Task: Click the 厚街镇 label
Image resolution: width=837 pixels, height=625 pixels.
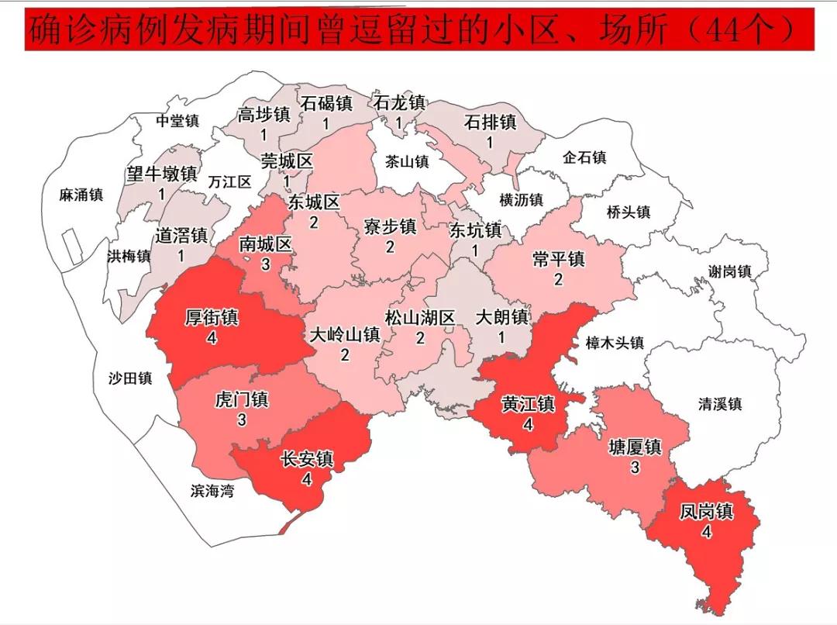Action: coord(212,319)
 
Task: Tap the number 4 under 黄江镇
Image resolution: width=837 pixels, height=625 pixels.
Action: coord(528,424)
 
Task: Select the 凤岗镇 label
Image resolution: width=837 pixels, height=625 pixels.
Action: coord(706,513)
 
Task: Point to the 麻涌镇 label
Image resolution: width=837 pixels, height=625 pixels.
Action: coord(81,195)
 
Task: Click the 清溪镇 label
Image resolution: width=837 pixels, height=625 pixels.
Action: coord(719,404)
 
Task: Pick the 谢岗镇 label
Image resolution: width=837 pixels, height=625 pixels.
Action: coord(729,271)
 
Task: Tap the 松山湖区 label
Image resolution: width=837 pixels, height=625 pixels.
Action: coord(419,318)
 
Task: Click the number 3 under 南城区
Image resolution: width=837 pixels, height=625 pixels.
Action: coord(265,264)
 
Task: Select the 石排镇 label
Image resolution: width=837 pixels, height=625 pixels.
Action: coord(490,123)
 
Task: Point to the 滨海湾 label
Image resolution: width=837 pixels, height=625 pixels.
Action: coord(212,491)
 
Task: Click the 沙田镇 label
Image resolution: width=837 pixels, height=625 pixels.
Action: coord(130,378)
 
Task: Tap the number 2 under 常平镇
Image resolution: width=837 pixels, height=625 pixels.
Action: coord(558,279)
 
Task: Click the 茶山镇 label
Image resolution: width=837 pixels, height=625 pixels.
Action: coord(407,161)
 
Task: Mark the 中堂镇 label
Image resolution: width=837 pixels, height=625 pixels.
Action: coord(177,121)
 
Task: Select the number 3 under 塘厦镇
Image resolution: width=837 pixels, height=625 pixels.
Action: coord(635,468)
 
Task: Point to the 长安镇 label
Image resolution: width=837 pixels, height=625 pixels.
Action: coord(306,459)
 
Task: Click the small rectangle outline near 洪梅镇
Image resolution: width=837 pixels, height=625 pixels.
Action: coord(72,246)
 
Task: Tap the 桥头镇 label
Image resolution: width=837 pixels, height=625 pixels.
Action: coord(628,212)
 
